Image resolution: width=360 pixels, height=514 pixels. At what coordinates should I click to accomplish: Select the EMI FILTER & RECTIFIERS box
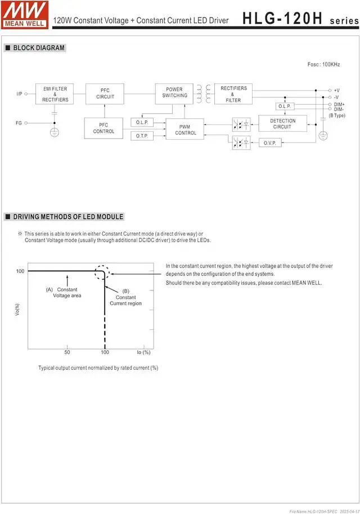pos(55,94)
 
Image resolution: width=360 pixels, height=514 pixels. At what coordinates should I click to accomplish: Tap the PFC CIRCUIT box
pos(105,93)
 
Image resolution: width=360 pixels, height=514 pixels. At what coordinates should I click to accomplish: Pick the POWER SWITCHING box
pos(174,93)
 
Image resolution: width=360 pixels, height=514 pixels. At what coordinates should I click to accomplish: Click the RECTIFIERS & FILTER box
pos(233,94)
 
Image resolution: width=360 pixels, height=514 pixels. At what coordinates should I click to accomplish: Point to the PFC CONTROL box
pos(103,128)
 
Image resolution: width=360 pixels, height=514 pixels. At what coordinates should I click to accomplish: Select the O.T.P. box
pos(141,136)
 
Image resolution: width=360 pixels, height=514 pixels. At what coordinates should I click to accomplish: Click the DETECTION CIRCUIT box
pos(282,124)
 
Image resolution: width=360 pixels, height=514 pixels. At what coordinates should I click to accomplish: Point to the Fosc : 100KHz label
pos(323,65)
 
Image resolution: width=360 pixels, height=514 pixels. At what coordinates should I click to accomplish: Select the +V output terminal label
pos(336,91)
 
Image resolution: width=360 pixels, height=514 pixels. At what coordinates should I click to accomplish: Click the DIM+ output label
pos(339,104)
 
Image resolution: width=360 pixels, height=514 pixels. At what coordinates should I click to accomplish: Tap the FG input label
pos(19,122)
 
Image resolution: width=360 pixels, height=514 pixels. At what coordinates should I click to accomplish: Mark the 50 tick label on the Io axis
pos(67,352)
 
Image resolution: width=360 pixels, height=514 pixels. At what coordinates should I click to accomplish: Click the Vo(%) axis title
pos(17,309)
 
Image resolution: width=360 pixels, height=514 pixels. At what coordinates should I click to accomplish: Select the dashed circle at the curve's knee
pos(102,272)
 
